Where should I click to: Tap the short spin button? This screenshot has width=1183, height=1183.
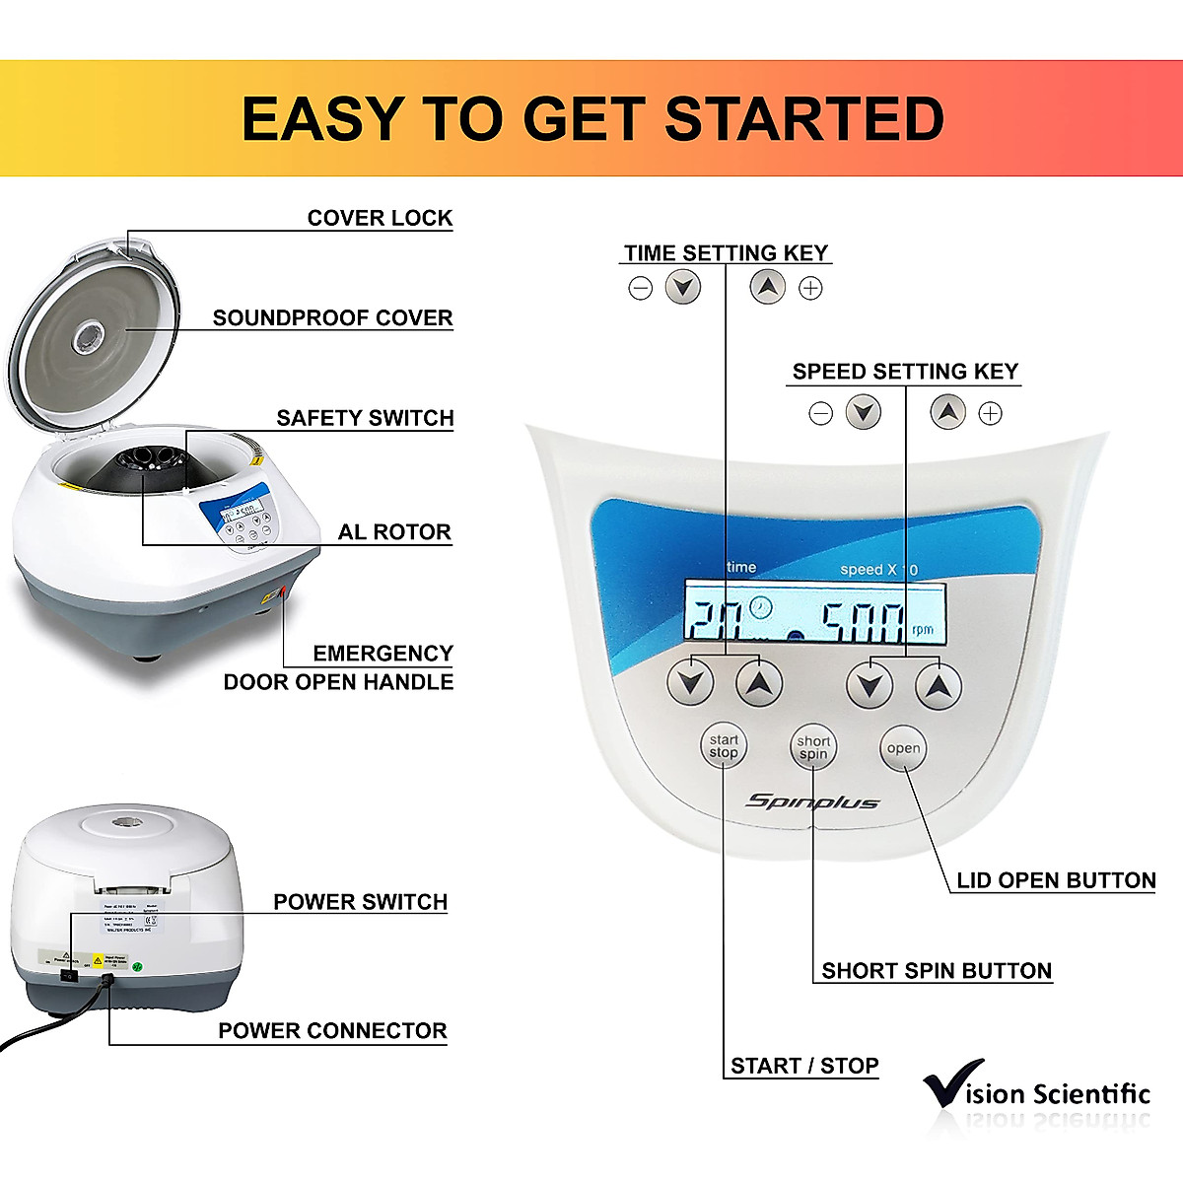click(813, 748)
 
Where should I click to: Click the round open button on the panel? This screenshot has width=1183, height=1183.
click(903, 748)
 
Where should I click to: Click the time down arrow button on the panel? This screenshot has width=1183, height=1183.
click(690, 682)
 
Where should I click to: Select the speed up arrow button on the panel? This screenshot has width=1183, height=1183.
click(939, 685)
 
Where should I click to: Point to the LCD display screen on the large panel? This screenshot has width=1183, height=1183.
click(814, 614)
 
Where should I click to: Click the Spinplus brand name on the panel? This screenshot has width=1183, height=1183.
click(812, 801)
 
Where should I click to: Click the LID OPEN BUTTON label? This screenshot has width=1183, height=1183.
click(1056, 880)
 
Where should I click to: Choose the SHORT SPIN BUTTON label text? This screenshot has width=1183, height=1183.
click(937, 971)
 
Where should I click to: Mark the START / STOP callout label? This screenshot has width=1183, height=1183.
click(804, 1066)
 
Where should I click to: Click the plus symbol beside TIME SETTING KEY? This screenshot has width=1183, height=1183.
click(810, 288)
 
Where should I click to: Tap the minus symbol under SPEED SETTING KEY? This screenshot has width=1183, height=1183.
click(820, 413)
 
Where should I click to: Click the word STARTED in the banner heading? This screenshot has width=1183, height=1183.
click(804, 119)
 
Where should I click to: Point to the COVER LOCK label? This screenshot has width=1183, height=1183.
click(380, 218)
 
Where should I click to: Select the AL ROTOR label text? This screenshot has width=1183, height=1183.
click(394, 532)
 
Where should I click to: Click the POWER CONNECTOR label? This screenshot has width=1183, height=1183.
click(332, 1031)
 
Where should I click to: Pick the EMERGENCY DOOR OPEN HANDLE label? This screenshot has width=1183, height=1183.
click(338, 667)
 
